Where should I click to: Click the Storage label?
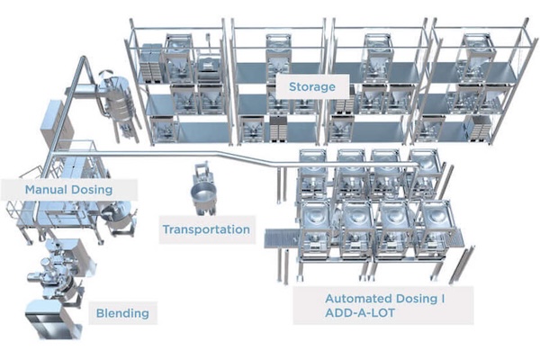[x=311, y=87]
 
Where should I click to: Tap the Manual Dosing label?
[x=68, y=190]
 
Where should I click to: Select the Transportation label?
[x=206, y=229]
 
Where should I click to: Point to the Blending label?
[x=121, y=314]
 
